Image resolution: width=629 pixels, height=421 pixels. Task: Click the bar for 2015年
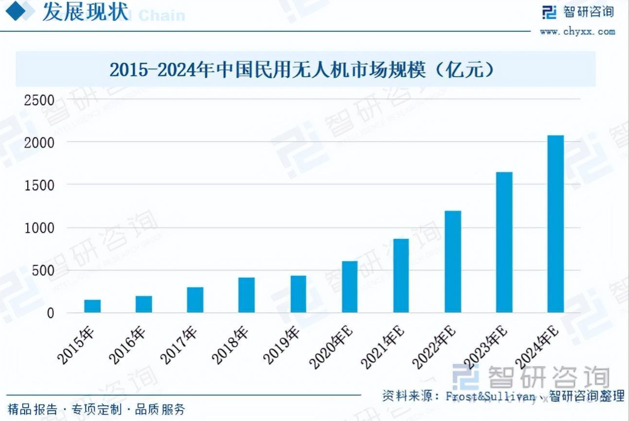92,306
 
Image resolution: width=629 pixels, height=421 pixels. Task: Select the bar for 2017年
195,300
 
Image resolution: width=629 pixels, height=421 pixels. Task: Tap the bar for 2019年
298,294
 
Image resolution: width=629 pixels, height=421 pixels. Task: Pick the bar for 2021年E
401,276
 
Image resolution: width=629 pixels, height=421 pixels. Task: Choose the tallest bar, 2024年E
555,224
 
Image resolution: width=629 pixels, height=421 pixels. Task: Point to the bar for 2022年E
453,261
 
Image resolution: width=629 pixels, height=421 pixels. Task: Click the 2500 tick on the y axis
39,100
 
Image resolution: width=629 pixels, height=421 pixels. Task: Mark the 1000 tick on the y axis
39,228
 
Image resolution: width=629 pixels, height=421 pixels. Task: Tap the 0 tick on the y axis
50,313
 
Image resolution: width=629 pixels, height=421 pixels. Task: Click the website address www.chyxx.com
577,31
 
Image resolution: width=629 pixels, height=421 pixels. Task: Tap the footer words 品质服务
160,410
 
